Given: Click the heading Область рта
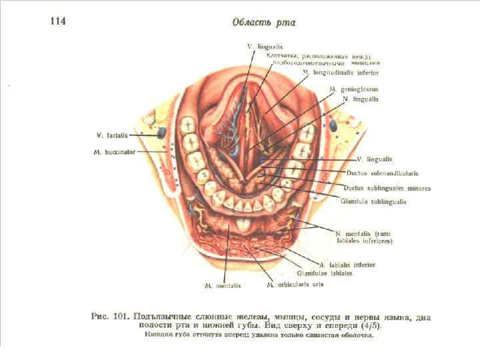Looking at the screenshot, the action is (263, 22).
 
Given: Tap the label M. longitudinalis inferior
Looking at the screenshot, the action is (340, 71).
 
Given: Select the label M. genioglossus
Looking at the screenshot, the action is (353, 88).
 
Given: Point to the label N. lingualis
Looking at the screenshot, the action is (360, 99).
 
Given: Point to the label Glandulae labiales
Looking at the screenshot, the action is (321, 273).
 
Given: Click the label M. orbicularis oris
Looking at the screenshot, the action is (295, 285).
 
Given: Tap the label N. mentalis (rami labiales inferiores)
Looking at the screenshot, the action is (364, 237).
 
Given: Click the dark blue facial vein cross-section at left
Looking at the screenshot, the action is (161, 133).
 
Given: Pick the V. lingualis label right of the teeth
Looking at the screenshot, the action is (375, 160).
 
